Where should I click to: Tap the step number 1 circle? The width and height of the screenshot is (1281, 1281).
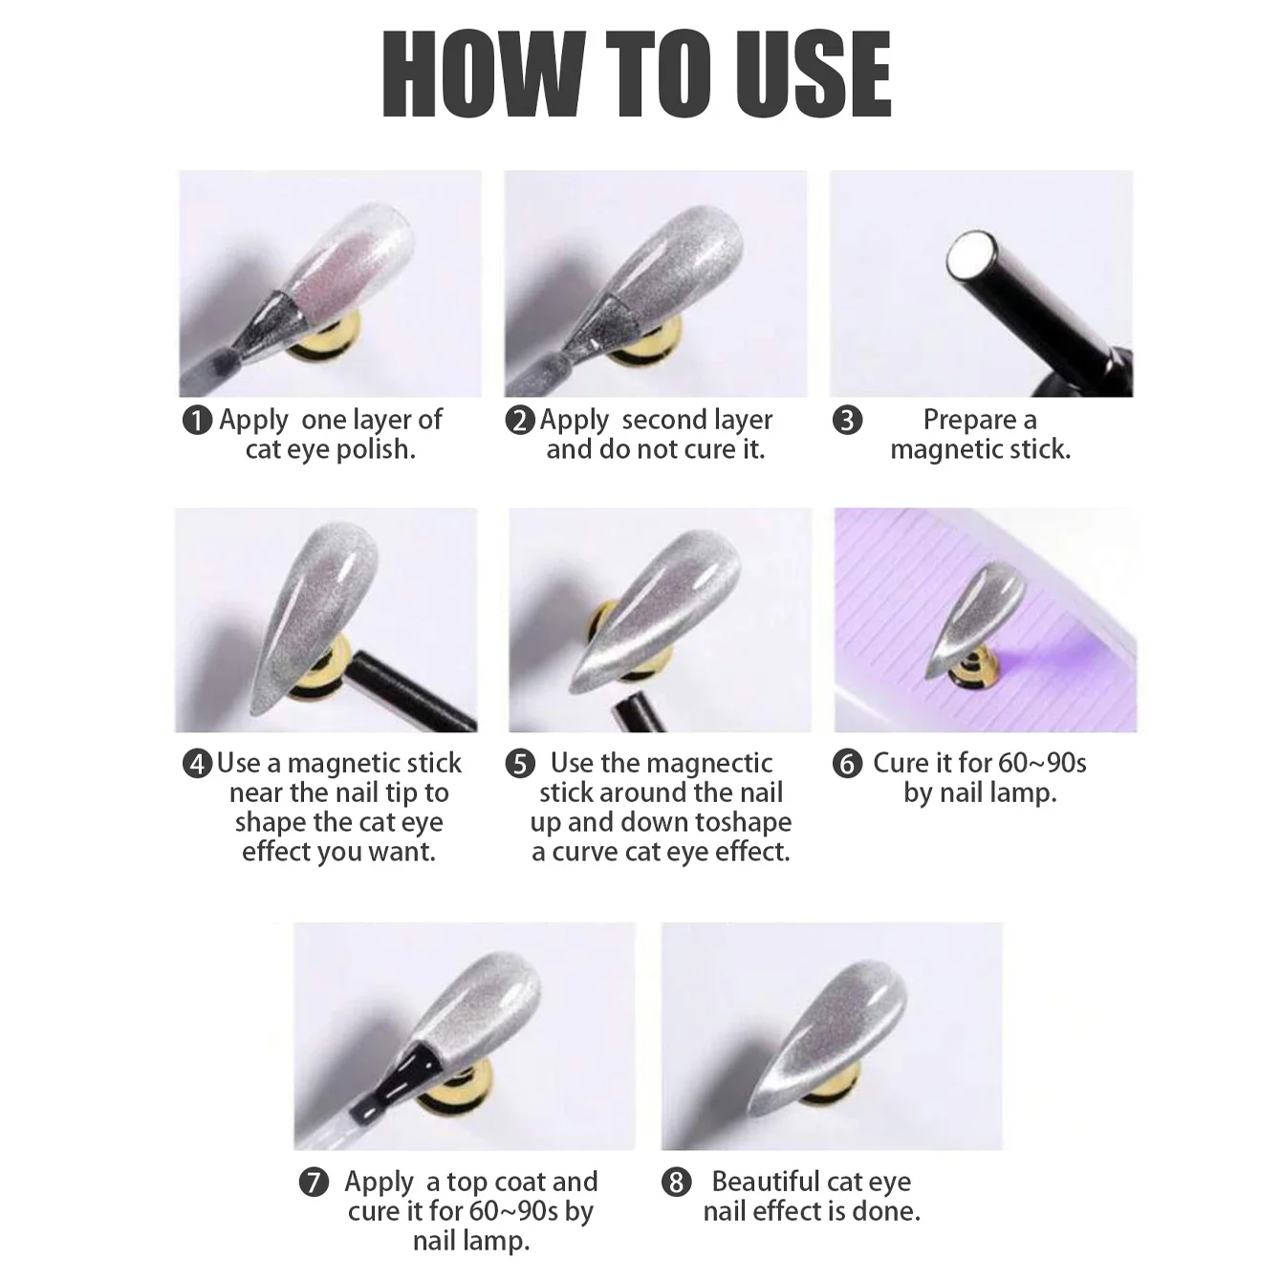point(197,420)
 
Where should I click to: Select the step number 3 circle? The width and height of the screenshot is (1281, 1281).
point(847,420)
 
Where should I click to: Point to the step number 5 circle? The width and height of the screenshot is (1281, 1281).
point(520,764)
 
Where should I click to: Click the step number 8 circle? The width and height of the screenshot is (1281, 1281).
point(676,1183)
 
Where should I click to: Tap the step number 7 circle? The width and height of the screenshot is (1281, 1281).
point(314,1183)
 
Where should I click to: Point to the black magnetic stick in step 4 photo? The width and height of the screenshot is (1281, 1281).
point(411,691)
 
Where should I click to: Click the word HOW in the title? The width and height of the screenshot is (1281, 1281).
point(484,75)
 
